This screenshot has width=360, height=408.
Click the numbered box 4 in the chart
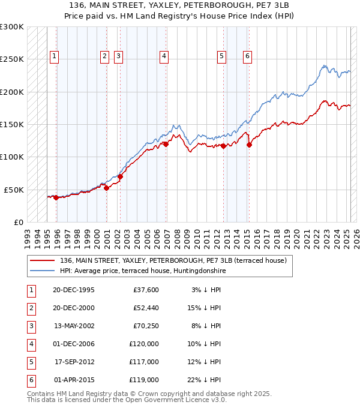coord(164,56)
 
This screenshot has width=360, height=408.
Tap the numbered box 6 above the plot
coord(247,56)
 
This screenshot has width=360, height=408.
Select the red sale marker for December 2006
coord(166,144)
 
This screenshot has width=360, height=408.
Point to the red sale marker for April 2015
coord(249,144)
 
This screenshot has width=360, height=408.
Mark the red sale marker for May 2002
coord(120,176)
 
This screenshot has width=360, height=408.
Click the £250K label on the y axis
coord(12,59)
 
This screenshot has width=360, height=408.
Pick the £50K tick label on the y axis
coord(14,190)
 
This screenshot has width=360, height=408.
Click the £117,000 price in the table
coord(144,362)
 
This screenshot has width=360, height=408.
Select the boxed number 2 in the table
coord(30,308)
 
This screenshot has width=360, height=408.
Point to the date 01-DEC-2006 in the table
coord(74,344)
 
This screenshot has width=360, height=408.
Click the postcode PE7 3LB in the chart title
coord(258,5)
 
